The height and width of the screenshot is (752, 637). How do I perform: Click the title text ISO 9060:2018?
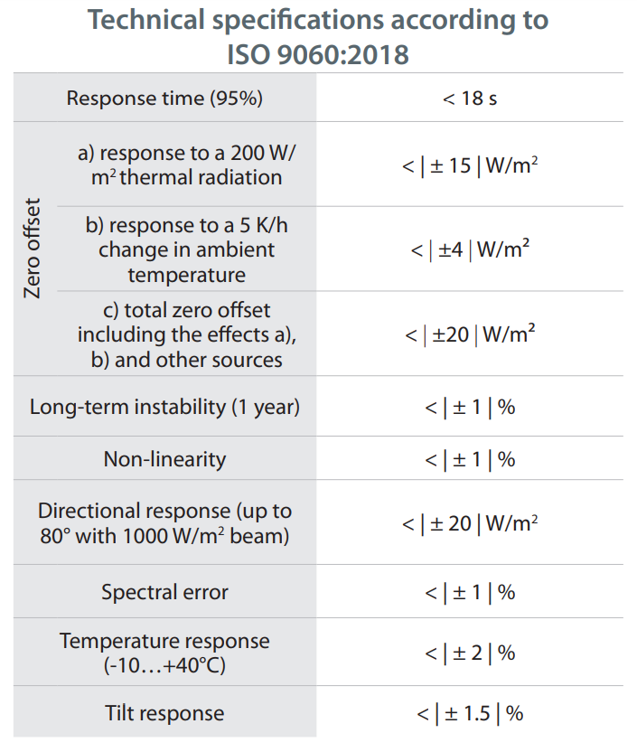coord(318,54)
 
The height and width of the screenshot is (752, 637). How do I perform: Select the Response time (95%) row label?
coord(164,99)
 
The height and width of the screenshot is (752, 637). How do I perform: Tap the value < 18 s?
coord(470,99)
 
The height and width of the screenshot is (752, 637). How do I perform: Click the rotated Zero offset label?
coord(33,249)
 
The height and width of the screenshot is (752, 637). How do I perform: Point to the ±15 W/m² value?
coord(470,165)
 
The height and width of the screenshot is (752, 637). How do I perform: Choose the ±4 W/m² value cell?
coord(470,249)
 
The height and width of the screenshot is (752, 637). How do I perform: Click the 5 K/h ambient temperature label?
coord(186,249)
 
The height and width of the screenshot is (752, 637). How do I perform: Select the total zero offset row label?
coord(186,334)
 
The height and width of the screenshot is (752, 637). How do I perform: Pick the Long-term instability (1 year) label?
coord(164,407)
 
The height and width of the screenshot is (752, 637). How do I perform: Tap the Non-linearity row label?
coord(164,459)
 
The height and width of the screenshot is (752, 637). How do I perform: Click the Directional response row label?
coord(164,523)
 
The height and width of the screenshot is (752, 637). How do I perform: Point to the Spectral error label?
coord(164,592)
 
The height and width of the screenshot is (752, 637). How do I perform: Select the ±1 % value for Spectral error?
coord(470,592)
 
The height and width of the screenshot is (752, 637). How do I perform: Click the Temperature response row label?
coord(164,653)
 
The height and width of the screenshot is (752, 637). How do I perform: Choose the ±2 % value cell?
coord(470,653)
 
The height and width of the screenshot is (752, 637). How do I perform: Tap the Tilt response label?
coord(164,713)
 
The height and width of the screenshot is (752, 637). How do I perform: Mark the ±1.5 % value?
coord(470,714)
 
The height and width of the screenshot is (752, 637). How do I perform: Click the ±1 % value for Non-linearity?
coord(470,459)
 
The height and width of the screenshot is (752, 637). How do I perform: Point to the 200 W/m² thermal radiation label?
coord(186,165)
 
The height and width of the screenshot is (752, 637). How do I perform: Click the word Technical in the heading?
coord(146,20)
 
